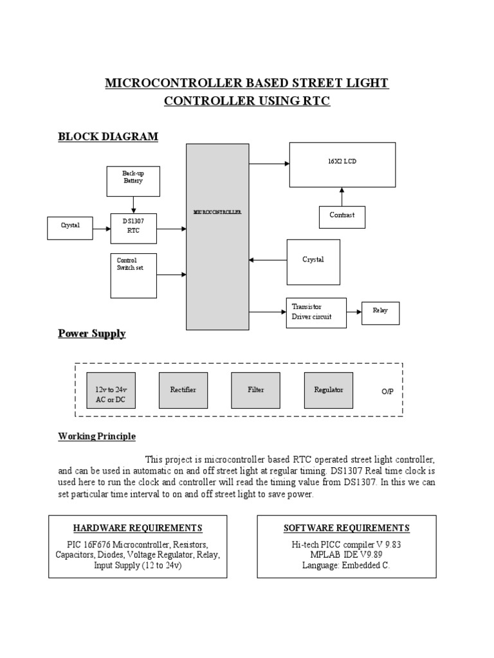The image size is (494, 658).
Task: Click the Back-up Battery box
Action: point(133,181)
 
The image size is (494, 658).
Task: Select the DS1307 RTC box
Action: point(133,228)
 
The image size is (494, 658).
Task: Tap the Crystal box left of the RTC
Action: point(70,227)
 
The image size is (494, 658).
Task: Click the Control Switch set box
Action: point(133,275)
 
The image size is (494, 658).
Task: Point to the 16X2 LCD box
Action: point(342,164)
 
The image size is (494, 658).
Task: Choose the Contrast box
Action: point(342,217)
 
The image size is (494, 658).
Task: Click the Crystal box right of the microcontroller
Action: point(313,261)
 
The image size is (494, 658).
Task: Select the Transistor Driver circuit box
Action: point(316,313)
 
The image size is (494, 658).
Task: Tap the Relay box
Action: point(380,313)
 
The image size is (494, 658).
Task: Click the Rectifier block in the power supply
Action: point(183,390)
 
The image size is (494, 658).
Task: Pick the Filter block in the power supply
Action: point(255,390)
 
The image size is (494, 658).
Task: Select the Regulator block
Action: point(328,390)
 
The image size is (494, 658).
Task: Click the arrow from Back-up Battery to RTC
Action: point(133,204)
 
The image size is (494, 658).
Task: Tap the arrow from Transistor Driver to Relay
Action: point(354,312)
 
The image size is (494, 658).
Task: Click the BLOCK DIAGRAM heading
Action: point(108,136)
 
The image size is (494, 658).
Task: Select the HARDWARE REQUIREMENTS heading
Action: point(138,528)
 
